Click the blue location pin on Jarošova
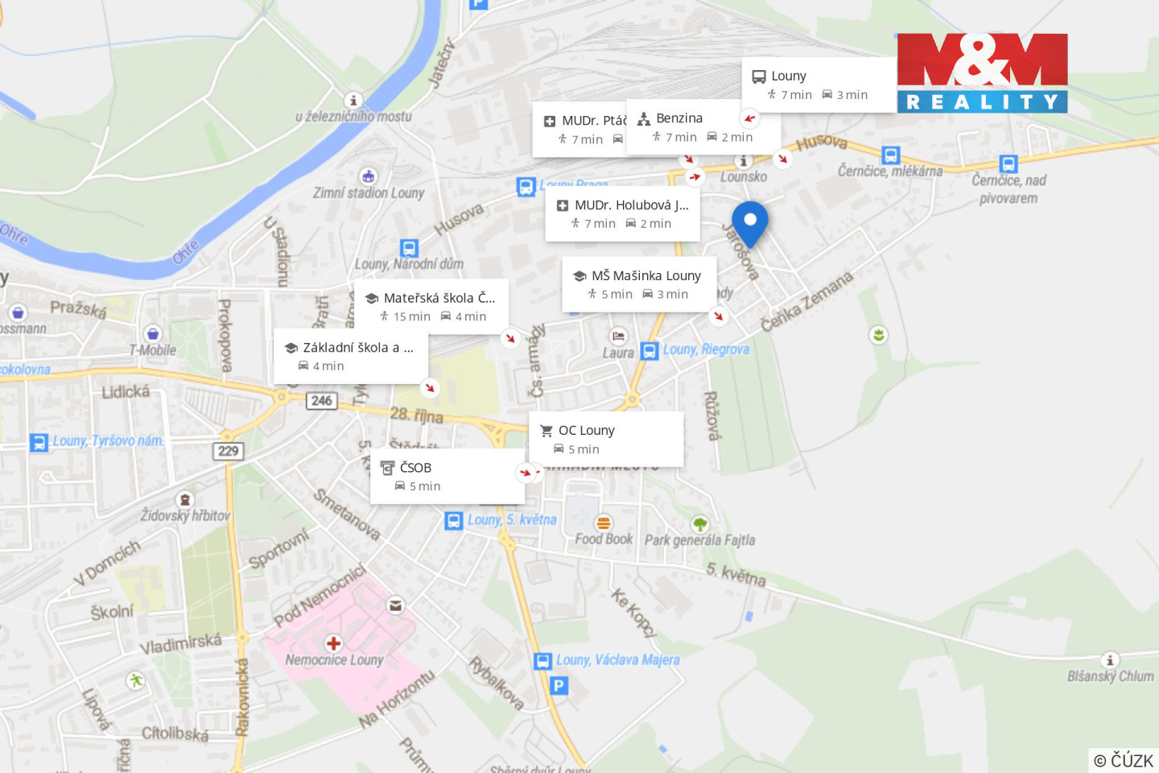click(749, 221)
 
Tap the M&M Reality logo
click(982, 72)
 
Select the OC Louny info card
click(605, 439)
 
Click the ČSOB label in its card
click(415, 467)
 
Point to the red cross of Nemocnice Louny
click(333, 643)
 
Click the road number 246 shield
click(321, 400)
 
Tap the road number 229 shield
click(229, 450)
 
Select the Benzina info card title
click(678, 118)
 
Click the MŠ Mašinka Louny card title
click(645, 275)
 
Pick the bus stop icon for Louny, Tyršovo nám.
click(39, 442)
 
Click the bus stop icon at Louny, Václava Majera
click(543, 661)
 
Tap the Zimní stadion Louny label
click(369, 193)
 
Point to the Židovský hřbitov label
click(185, 515)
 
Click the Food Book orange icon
click(604, 523)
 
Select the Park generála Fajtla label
click(699, 539)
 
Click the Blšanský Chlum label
click(1110, 676)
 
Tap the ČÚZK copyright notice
click(1124, 760)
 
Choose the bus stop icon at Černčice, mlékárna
click(890, 155)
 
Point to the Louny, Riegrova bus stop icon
click(650, 351)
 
